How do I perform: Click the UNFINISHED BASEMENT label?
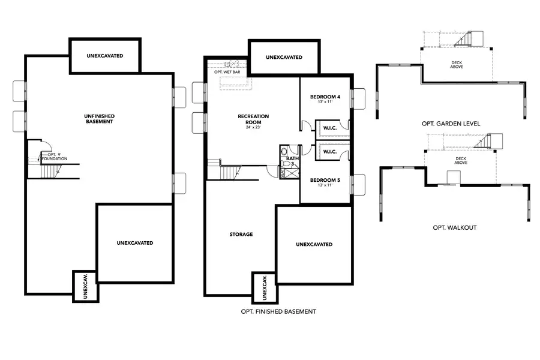[x=99, y=118]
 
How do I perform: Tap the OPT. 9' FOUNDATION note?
[x=54, y=157]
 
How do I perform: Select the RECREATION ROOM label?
[x=253, y=119]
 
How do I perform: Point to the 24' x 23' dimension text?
[x=253, y=127]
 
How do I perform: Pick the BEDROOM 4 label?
[x=325, y=97]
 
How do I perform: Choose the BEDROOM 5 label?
[x=325, y=179]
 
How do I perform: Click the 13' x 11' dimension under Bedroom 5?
[x=325, y=185]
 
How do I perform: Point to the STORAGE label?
[x=241, y=234]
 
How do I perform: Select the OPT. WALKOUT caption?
[x=454, y=228]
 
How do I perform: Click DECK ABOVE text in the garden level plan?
[x=457, y=64]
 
